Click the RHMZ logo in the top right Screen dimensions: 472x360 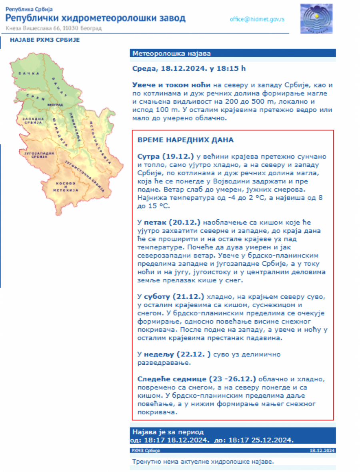click(316, 19)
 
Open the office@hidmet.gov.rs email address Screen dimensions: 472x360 click(257, 19)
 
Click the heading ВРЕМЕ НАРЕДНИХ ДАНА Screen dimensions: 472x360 click(186, 140)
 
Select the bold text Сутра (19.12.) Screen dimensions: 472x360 click(160, 155)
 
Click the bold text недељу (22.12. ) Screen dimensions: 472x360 click(177, 354)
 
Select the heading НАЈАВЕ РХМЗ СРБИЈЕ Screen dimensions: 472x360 click(45, 40)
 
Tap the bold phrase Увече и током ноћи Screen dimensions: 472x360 click(172, 85)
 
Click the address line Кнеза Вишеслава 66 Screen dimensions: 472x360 click(54, 28)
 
